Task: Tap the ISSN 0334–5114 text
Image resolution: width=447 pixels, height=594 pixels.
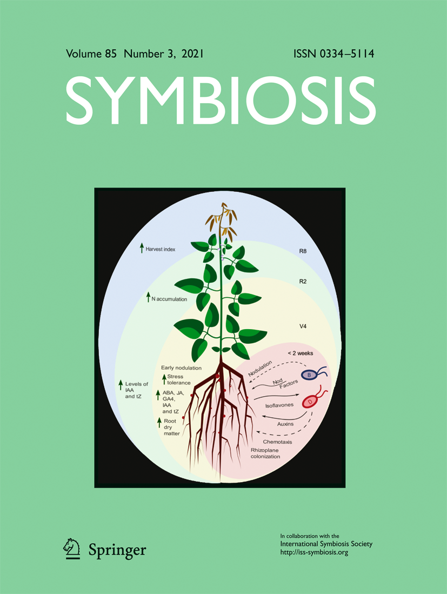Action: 334,55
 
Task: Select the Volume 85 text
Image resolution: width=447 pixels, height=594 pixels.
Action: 92,55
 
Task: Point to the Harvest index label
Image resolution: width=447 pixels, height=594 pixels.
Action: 164,249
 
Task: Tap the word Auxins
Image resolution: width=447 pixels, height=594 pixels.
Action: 285,424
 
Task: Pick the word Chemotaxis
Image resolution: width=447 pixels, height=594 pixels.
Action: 277,442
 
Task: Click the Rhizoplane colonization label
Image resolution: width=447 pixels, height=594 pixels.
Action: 265,453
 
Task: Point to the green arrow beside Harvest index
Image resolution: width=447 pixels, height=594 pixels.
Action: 142,249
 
